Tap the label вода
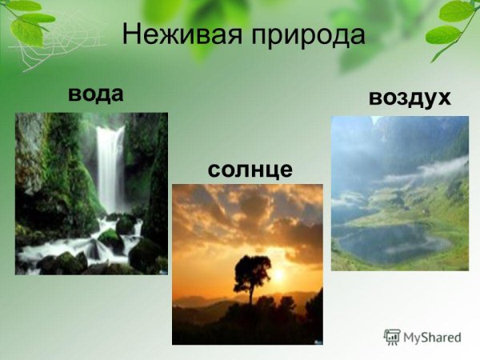[96, 94]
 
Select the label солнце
[250, 170]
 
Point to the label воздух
[410, 98]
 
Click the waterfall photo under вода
[91, 193]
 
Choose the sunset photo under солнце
[247, 264]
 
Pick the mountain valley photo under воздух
[399, 193]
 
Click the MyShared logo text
[433, 337]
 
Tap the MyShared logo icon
[392, 337]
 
